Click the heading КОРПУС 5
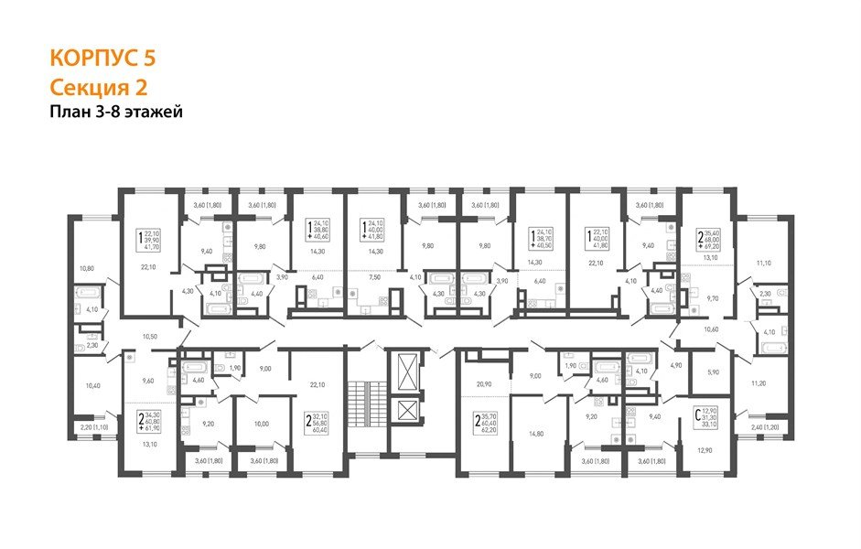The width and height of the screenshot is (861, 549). (102, 58)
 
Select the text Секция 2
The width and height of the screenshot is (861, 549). (98, 87)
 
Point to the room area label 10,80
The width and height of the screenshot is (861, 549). (87, 268)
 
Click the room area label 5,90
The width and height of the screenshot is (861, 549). (715, 371)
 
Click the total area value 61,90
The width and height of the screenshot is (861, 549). (152, 428)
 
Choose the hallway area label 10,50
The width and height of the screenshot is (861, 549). (150, 337)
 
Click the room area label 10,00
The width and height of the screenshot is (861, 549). (261, 424)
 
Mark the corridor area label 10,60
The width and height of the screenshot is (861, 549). (710, 328)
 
